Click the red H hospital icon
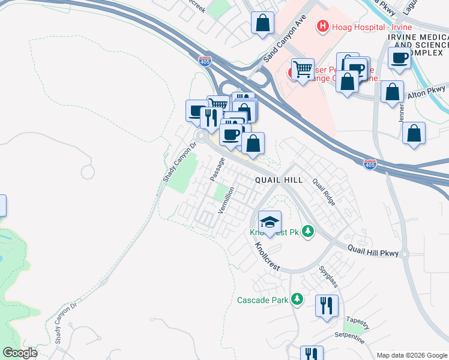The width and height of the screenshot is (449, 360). [x=322, y=26]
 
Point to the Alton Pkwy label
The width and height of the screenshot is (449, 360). [x=427, y=92]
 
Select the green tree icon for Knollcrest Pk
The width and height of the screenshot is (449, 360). [x=308, y=231]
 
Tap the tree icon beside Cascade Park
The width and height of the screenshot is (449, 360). [x=296, y=299]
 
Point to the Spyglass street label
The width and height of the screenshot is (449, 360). [x=329, y=276]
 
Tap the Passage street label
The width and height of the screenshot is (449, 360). [x=217, y=170]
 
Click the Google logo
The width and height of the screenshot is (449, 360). [x=20, y=353]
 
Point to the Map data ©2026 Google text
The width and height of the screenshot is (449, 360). [x=412, y=355]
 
